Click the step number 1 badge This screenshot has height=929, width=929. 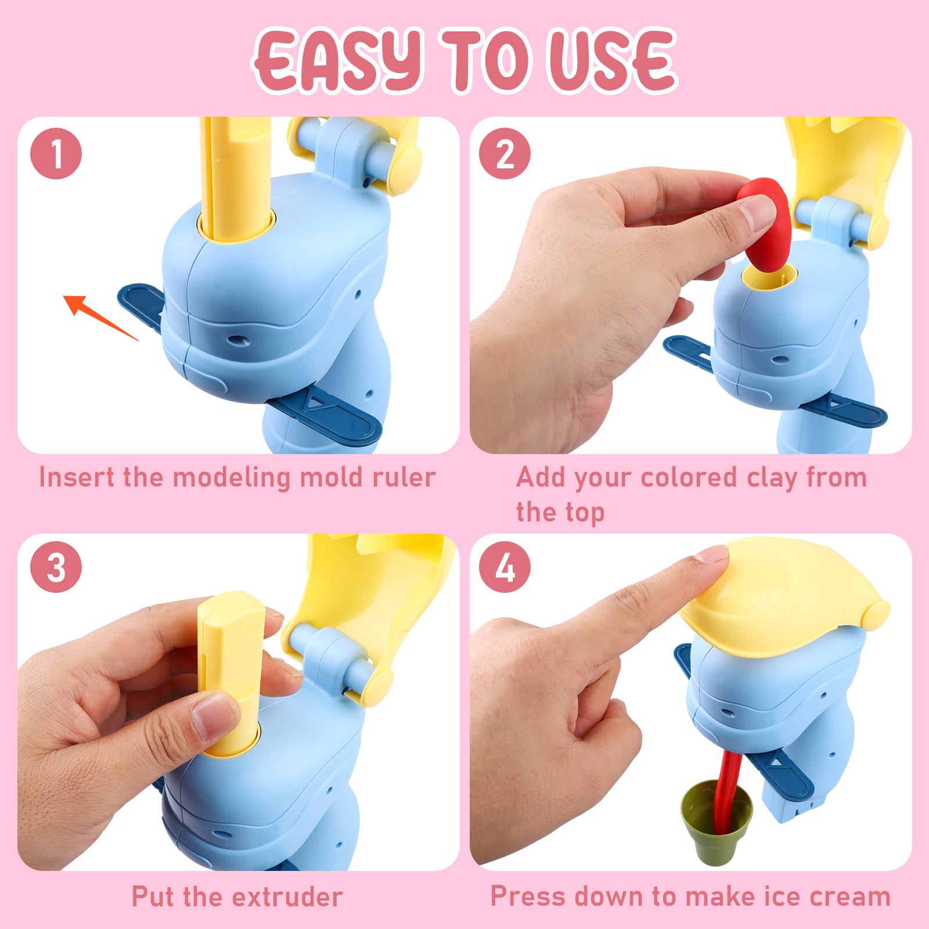pos(56,154)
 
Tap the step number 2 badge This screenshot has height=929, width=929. pos(505,154)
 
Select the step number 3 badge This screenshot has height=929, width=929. pos(56,567)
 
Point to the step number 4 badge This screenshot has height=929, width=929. pos(505,567)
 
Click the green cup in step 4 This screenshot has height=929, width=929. pos(716,823)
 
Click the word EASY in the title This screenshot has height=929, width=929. pos(339,60)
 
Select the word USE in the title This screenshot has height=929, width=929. pos(613,60)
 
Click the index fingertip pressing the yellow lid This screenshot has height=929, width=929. pos(711,554)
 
